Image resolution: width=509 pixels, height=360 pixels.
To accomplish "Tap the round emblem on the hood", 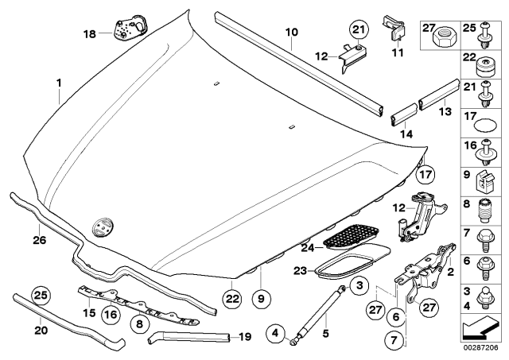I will click(x=102, y=225).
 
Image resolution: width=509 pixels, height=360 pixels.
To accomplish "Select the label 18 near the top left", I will click(x=88, y=33).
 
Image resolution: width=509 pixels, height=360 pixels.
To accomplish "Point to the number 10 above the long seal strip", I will click(x=291, y=33).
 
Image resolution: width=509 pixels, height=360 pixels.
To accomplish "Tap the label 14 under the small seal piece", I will click(x=402, y=135).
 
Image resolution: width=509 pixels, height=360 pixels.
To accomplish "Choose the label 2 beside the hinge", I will click(x=453, y=273).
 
